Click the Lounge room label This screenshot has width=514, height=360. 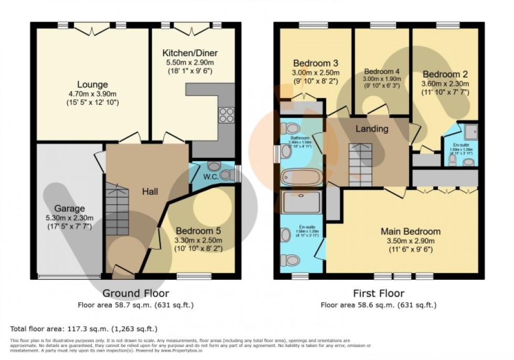point(92,84)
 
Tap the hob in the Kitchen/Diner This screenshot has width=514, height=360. point(226,114)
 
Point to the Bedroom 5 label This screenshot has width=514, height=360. point(198,230)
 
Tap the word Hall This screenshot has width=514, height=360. point(150,192)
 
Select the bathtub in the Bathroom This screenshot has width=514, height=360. point(301,177)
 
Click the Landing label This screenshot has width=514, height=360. point(372,129)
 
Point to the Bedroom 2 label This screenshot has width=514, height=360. point(445,73)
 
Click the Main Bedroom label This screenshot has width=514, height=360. point(410,231)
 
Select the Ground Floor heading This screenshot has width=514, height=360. point(135,293)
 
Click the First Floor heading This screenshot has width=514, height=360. point(378,293)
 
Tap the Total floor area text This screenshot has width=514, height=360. point(84,329)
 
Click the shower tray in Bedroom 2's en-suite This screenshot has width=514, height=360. point(469,132)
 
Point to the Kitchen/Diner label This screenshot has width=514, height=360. point(190,53)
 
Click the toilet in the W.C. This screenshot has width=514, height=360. point(226,175)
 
